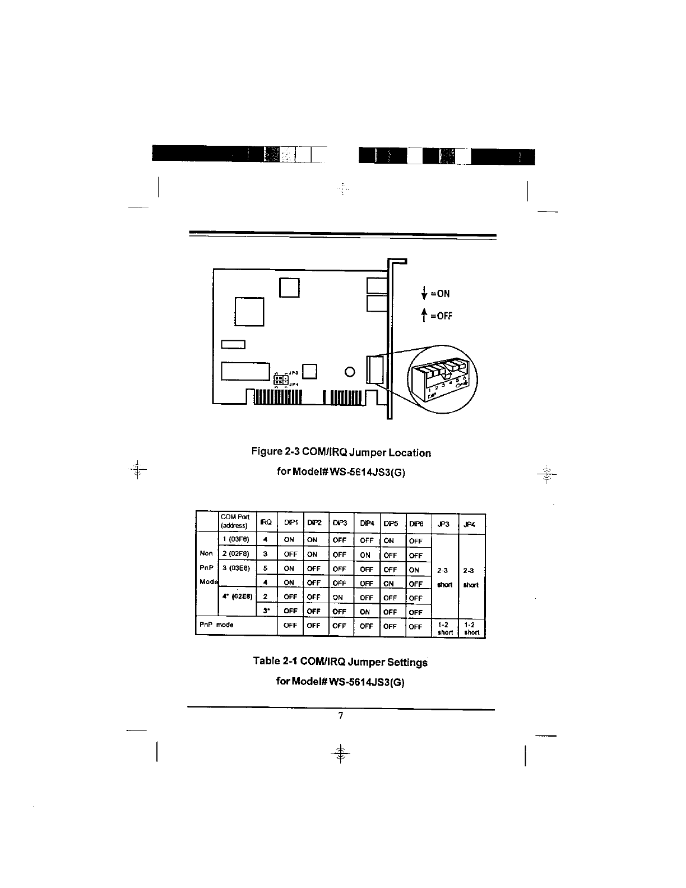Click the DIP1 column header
[289, 523]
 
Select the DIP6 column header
[416, 524]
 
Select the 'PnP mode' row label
[217, 624]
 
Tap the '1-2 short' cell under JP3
[445, 628]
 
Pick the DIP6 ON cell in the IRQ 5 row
[415, 570]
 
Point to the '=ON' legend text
[440, 294]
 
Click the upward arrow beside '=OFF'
[424, 316]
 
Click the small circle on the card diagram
[350, 372]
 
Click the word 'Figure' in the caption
[269, 452]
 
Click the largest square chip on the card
[249, 311]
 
